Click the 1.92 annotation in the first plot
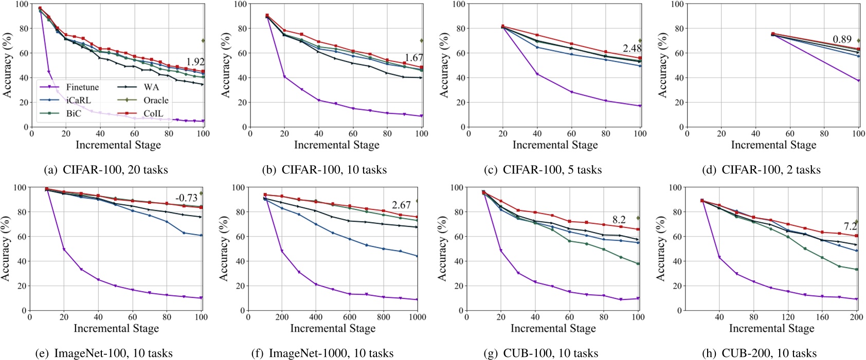[195, 62]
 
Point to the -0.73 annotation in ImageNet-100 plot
[186, 198]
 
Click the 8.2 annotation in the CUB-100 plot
[619, 220]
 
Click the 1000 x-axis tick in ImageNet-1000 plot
[417, 317]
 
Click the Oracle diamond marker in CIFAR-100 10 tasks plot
[422, 41]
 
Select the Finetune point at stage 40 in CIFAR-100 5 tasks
[537, 74]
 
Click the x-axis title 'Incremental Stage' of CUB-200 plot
[771, 329]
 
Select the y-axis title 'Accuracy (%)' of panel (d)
[663, 65]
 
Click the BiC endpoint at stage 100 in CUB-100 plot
[638, 264]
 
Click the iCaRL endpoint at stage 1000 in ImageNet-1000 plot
[417, 256]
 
